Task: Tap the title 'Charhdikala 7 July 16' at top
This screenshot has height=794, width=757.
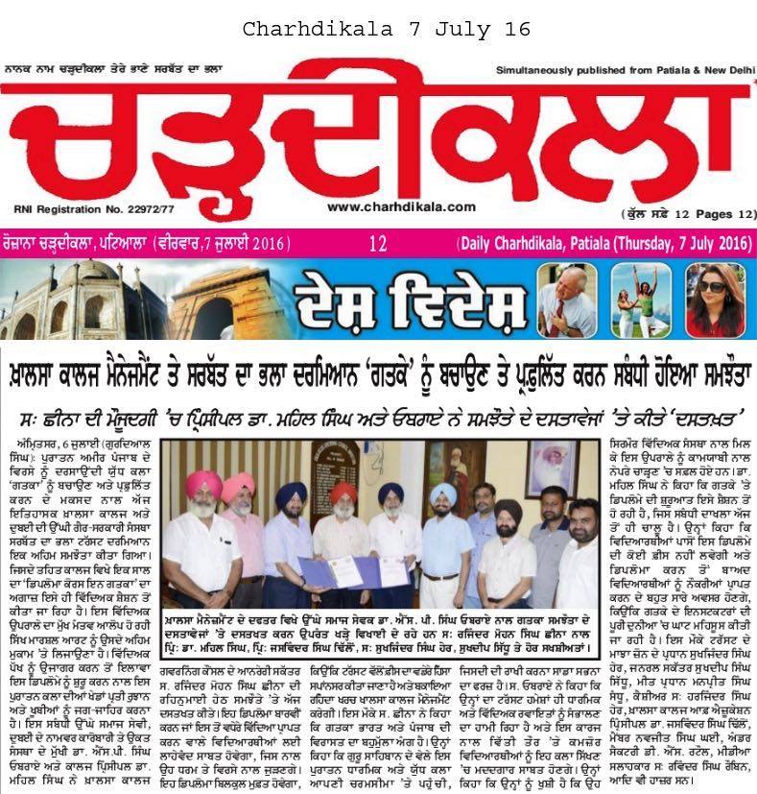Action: click(x=386, y=30)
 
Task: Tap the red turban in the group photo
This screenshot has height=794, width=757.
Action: click(x=343, y=493)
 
